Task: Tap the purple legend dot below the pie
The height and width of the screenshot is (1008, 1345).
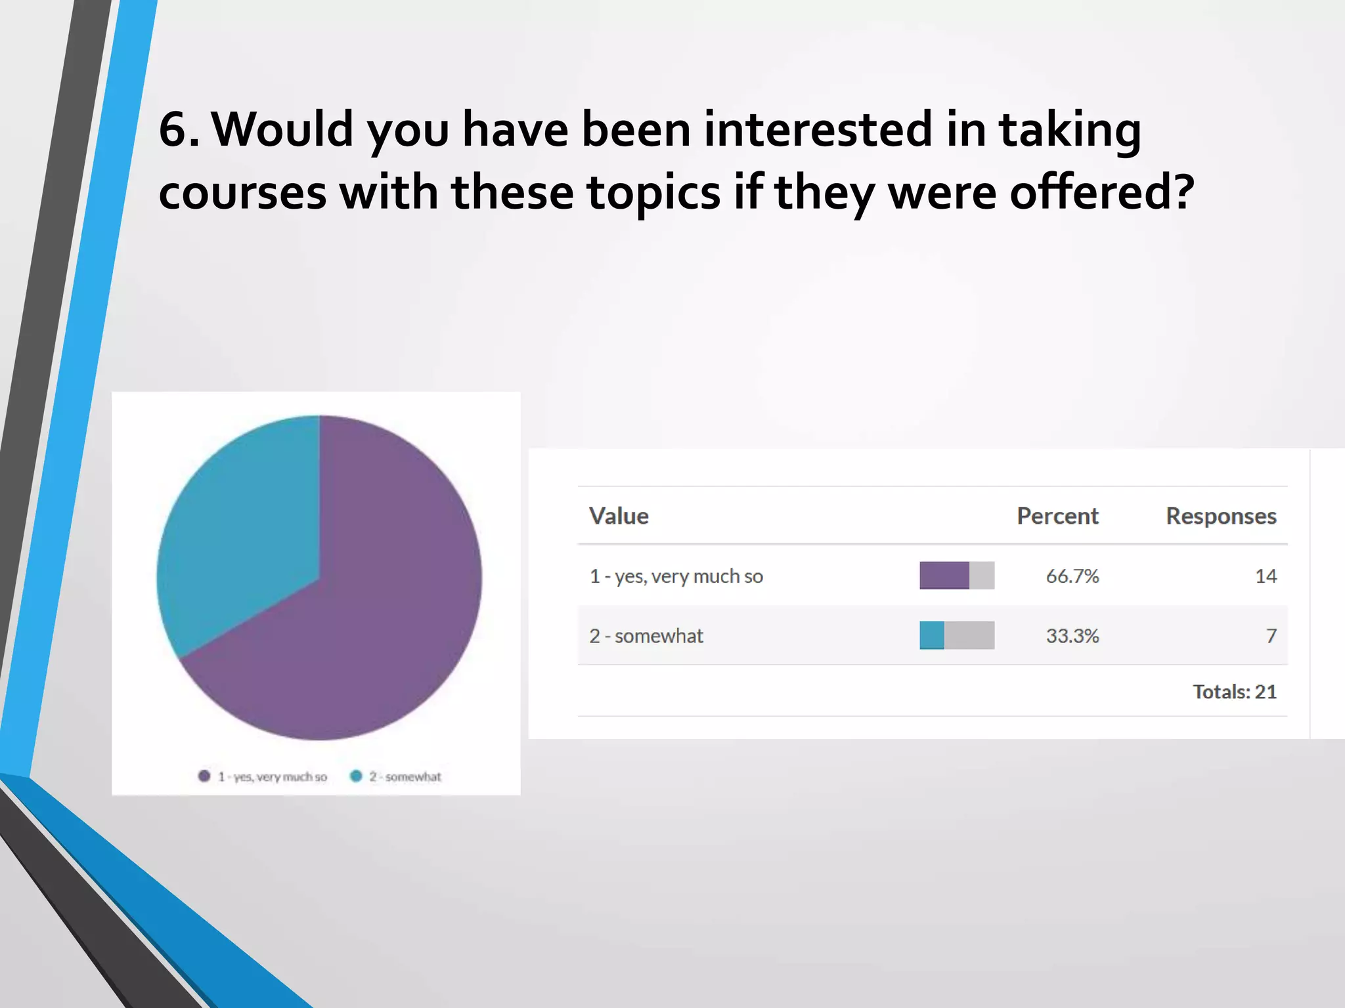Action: click(204, 776)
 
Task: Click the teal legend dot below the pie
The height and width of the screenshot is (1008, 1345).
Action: click(356, 776)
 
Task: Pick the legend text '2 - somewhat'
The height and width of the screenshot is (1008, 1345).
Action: click(405, 777)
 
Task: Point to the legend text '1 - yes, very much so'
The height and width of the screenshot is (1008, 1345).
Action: click(273, 777)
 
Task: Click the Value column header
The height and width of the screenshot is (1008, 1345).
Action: click(619, 516)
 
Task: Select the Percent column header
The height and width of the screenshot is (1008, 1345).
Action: click(1057, 516)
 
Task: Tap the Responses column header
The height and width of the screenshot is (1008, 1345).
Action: click(1221, 516)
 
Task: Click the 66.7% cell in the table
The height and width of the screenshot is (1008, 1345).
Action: click(1072, 576)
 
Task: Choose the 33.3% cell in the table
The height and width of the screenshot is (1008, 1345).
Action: click(1072, 636)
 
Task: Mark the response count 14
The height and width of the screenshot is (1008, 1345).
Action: click(1266, 576)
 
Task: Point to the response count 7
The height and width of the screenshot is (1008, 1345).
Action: click(1271, 636)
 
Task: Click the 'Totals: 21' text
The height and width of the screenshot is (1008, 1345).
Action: click(1235, 692)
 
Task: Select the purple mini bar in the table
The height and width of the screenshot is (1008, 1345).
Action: click(944, 576)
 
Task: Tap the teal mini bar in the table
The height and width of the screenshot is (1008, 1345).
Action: click(932, 635)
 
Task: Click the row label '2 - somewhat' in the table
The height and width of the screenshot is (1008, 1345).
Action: click(646, 636)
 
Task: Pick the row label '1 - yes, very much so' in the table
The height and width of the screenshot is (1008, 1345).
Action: click(676, 576)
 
